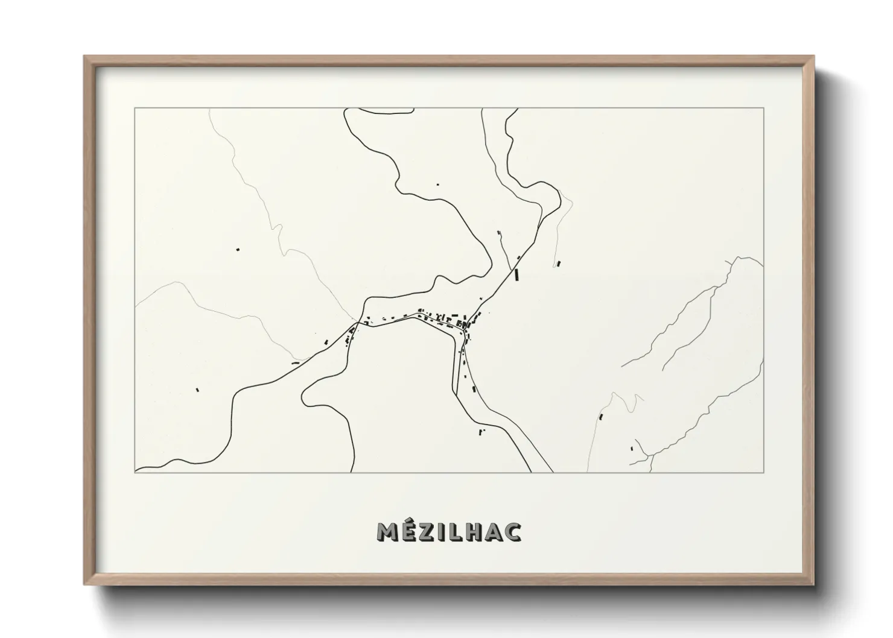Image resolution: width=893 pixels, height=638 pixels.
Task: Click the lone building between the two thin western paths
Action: [x=238, y=248]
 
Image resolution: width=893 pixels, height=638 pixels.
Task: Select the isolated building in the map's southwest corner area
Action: [x=197, y=390]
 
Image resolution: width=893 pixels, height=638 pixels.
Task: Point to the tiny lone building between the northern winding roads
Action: [x=437, y=184]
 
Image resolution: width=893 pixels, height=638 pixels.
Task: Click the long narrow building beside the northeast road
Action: [x=516, y=275]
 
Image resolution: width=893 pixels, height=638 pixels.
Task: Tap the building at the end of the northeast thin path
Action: [x=559, y=263]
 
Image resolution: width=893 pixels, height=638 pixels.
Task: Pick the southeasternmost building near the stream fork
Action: [x=632, y=448]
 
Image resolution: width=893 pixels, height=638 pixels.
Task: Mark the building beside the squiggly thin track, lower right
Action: [x=602, y=416]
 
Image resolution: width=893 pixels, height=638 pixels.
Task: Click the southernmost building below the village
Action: [x=481, y=432]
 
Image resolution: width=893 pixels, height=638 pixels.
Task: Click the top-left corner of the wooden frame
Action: [x=84, y=57]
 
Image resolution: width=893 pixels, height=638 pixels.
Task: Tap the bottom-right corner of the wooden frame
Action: [x=814, y=584]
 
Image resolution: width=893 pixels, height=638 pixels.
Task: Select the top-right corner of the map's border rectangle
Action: [x=763, y=108]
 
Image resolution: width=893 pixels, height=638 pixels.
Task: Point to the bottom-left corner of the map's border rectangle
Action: [x=135, y=472]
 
